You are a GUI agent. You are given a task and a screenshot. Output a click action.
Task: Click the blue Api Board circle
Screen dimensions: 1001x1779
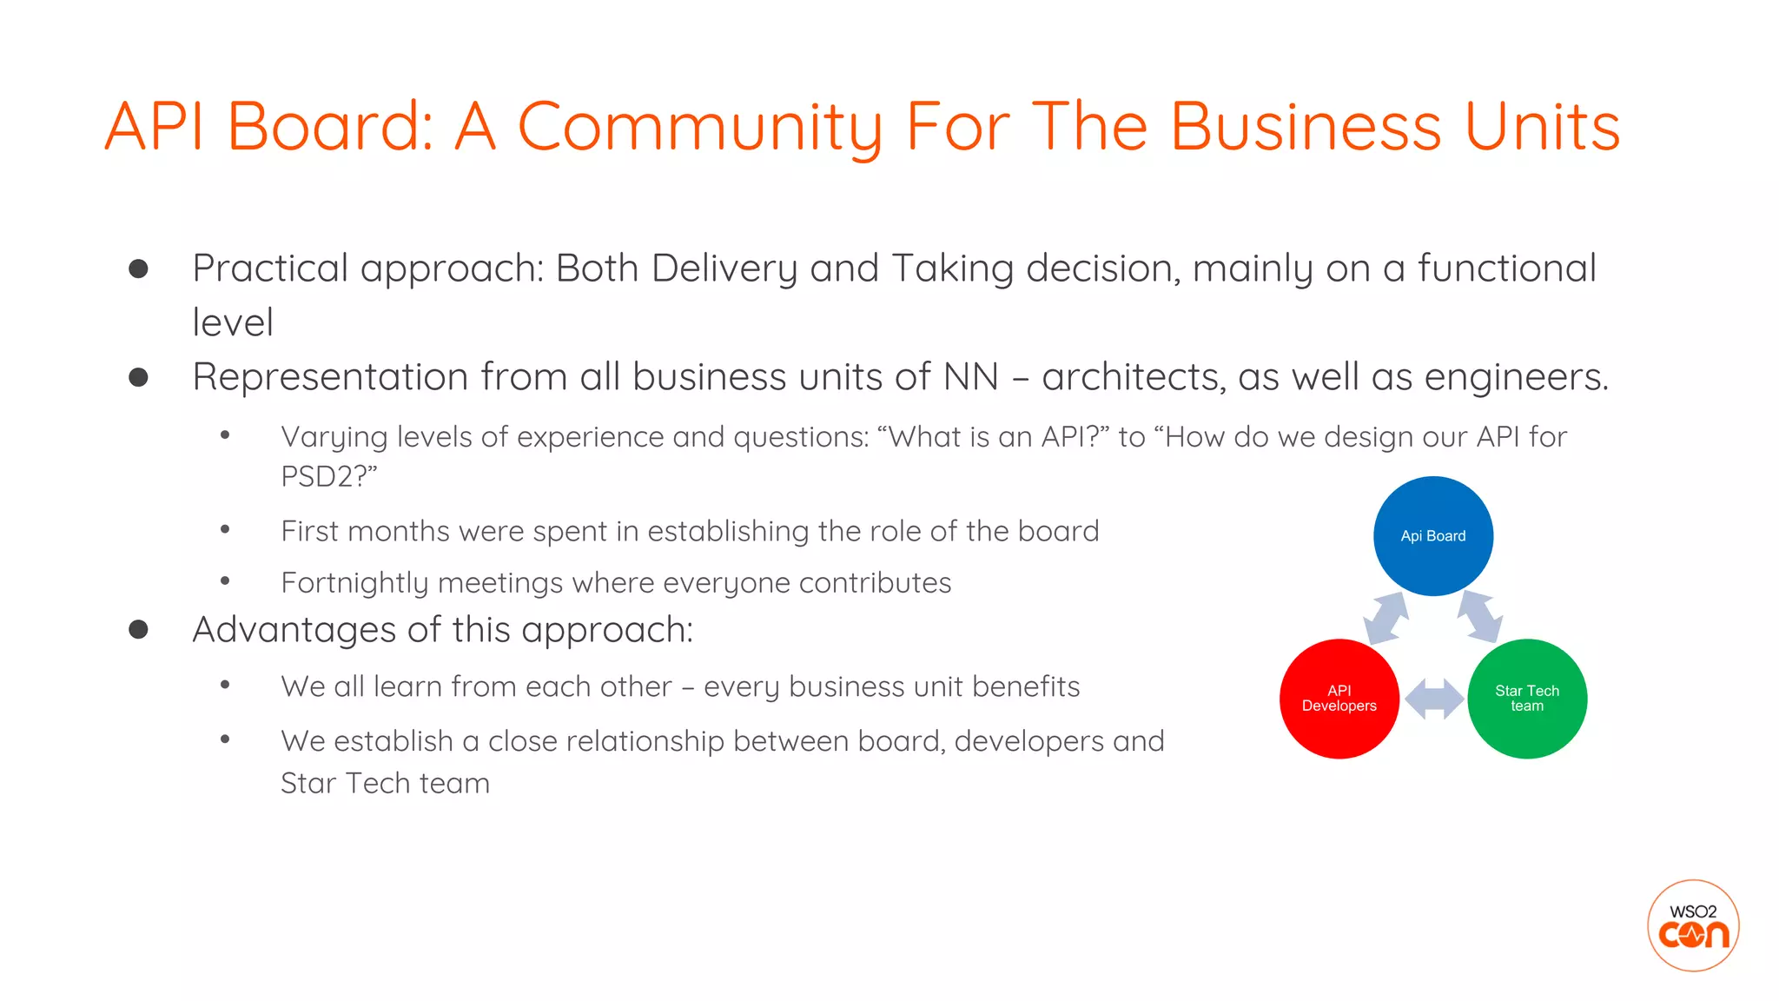pyautogui.click(x=1432, y=536)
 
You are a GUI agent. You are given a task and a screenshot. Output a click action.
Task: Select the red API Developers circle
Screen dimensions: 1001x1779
pyautogui.click(x=1339, y=699)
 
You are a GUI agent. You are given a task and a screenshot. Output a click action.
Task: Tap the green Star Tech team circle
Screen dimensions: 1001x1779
pyautogui.click(x=1526, y=699)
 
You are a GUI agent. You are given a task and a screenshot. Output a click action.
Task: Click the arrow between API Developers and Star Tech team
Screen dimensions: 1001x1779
pyautogui.click(x=1433, y=699)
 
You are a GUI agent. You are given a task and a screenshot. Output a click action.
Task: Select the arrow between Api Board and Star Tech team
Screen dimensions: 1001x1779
pyautogui.click(x=1480, y=617)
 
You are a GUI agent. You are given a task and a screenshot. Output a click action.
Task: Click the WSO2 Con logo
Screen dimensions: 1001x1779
pyautogui.click(x=1692, y=925)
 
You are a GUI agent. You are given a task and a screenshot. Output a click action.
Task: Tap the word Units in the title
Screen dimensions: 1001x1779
pyautogui.click(x=1542, y=127)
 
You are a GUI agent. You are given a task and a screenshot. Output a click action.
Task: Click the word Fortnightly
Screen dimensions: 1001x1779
pyautogui.click(x=354, y=583)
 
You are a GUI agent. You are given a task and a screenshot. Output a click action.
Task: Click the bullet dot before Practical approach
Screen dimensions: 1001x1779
pyautogui.click(x=138, y=268)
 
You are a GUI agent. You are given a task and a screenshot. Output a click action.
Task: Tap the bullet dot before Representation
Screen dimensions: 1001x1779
pyautogui.click(x=138, y=377)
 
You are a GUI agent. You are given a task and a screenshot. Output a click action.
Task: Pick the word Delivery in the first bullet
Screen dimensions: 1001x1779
pyautogui.click(x=724, y=268)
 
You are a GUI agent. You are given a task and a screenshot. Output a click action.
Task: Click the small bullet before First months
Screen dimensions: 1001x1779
pyautogui.click(x=225, y=529)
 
